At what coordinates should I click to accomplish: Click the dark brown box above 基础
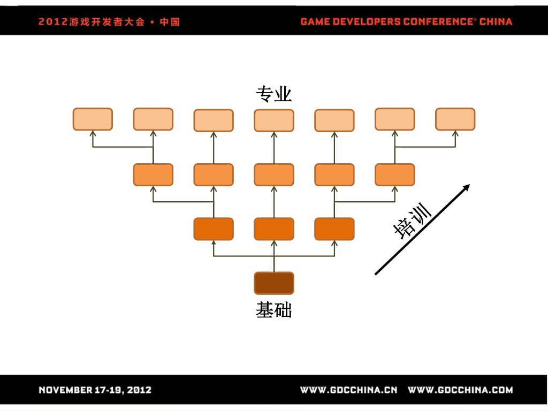tap(274, 283)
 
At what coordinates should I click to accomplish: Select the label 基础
tap(273, 310)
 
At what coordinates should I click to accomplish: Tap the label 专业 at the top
tap(273, 94)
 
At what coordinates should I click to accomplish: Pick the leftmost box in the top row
tap(93, 119)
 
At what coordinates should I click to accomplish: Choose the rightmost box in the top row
tap(455, 119)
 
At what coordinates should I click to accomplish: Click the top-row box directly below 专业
tap(274, 120)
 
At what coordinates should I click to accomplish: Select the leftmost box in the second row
tap(153, 174)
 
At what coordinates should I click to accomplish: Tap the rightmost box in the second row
tap(395, 174)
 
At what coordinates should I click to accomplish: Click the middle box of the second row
tap(274, 174)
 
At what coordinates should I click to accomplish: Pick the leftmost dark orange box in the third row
tap(214, 229)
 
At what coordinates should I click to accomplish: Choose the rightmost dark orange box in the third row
tap(334, 229)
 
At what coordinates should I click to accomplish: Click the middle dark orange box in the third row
tap(274, 229)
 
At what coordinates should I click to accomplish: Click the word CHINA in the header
tap(496, 22)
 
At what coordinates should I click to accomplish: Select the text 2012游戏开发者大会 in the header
tap(92, 22)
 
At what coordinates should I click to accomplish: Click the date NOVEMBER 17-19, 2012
tap(95, 390)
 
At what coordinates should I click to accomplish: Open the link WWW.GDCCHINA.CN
tap(348, 390)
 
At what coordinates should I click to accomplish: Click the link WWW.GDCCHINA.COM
tap(460, 390)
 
